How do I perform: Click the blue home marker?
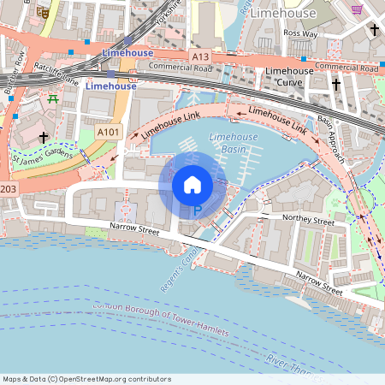tap(192, 183)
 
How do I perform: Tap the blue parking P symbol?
tap(197, 210)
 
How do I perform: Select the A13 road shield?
tap(200, 56)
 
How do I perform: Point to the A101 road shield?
tap(108, 133)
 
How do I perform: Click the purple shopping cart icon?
tap(357, 9)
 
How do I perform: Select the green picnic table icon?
tap(53, 99)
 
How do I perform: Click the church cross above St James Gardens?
tap(43, 136)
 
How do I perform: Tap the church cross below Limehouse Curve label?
tap(336, 85)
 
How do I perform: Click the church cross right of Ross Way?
tap(374, 31)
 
